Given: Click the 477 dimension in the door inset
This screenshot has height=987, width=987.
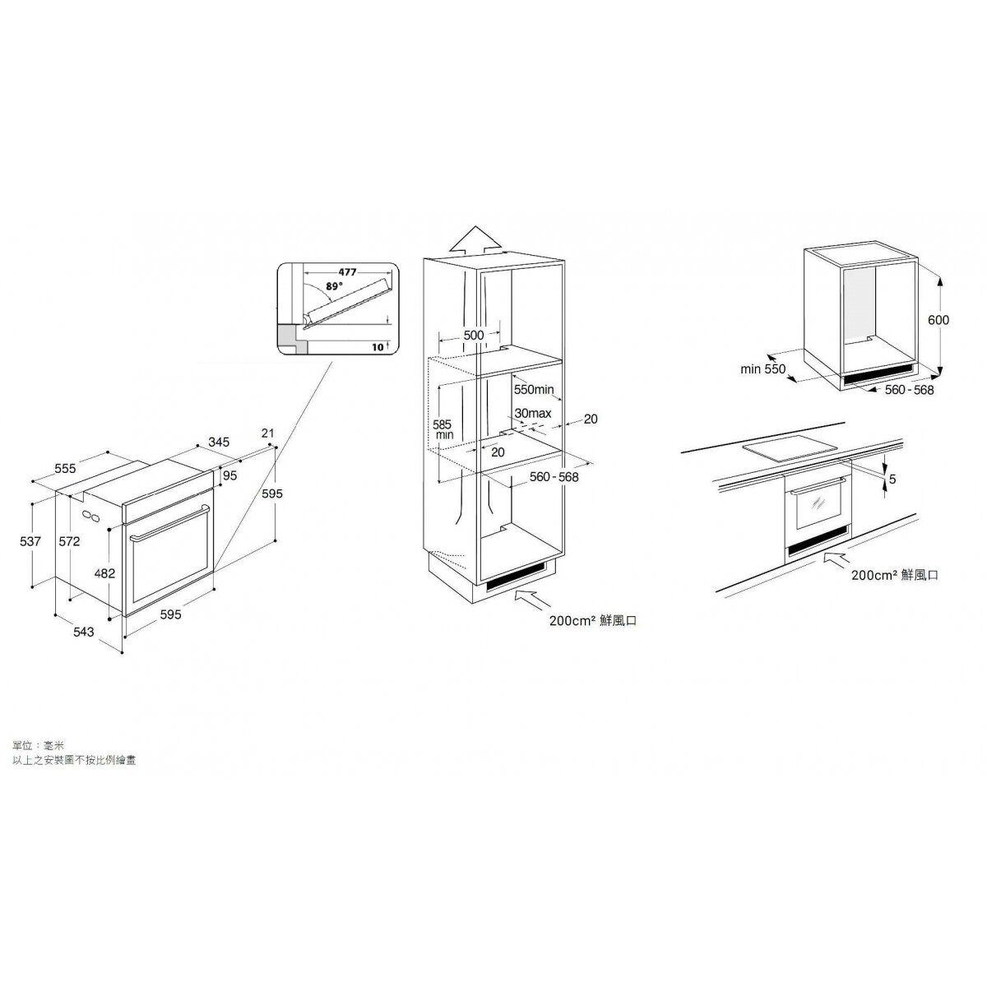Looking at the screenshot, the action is [347, 272].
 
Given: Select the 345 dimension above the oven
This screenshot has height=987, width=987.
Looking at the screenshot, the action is [219, 442].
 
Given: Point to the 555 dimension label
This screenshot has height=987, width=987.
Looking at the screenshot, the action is [65, 468].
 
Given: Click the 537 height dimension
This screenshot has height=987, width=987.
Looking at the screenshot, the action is [30, 541].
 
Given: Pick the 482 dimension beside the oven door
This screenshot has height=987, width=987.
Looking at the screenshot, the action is [104, 573].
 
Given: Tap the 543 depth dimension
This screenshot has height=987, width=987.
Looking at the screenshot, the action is [84, 632].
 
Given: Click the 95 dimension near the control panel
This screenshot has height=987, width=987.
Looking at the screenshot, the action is [230, 476].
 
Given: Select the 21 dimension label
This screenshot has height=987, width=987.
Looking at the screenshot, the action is [268, 433].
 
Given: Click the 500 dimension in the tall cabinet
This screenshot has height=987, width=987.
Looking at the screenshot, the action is [473, 335].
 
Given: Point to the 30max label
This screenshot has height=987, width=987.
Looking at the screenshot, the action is [533, 413].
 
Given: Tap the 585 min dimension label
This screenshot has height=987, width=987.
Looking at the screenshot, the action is [443, 429].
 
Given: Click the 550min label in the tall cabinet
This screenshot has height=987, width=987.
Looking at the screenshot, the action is [534, 390].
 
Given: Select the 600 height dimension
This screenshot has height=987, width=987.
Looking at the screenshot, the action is [938, 320].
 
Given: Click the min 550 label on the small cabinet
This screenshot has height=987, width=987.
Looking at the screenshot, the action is [762, 368].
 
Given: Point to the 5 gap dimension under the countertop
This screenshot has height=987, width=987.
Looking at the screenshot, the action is [892, 480].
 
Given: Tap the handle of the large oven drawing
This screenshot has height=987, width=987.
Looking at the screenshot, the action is [169, 522].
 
